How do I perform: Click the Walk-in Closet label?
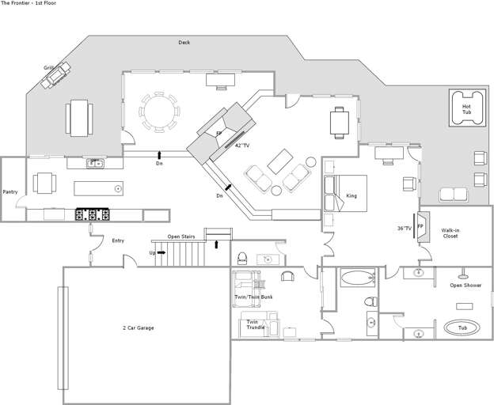coord(450,233)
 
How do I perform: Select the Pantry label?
coord(10,191)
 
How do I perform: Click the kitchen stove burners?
coord(91,214)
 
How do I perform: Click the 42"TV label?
coord(241,146)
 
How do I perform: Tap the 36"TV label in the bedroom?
coord(404,229)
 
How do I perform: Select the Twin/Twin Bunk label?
coord(249,297)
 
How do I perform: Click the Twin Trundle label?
coord(253,324)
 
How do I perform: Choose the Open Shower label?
coord(465,285)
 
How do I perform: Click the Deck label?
coord(184,43)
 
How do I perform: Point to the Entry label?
coord(118,240)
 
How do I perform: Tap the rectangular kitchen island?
coord(99,188)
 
